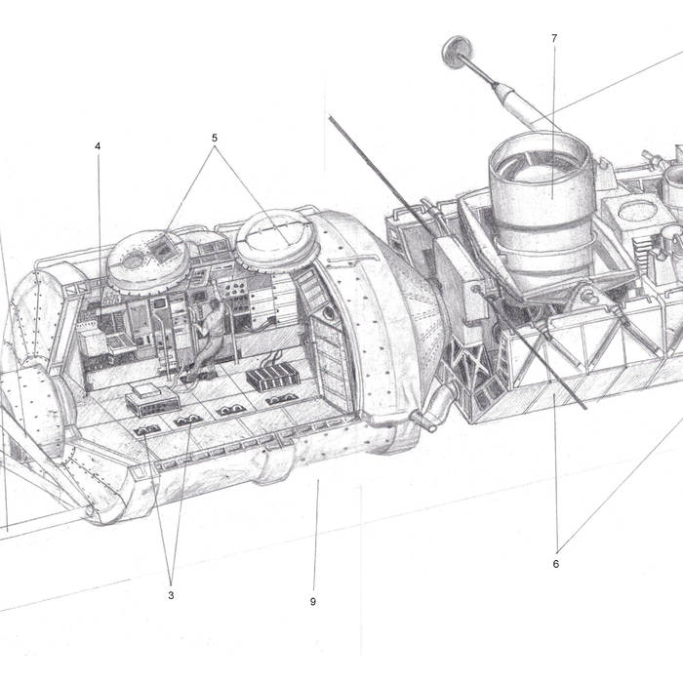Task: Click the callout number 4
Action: [98, 146]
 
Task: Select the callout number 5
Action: [215, 139]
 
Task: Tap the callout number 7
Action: [554, 39]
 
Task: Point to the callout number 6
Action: [556, 564]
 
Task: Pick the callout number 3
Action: [171, 595]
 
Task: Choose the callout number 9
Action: [313, 602]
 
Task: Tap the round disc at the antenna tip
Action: [457, 52]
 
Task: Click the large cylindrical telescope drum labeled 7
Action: [542, 205]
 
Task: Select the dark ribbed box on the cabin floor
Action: [272, 377]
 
